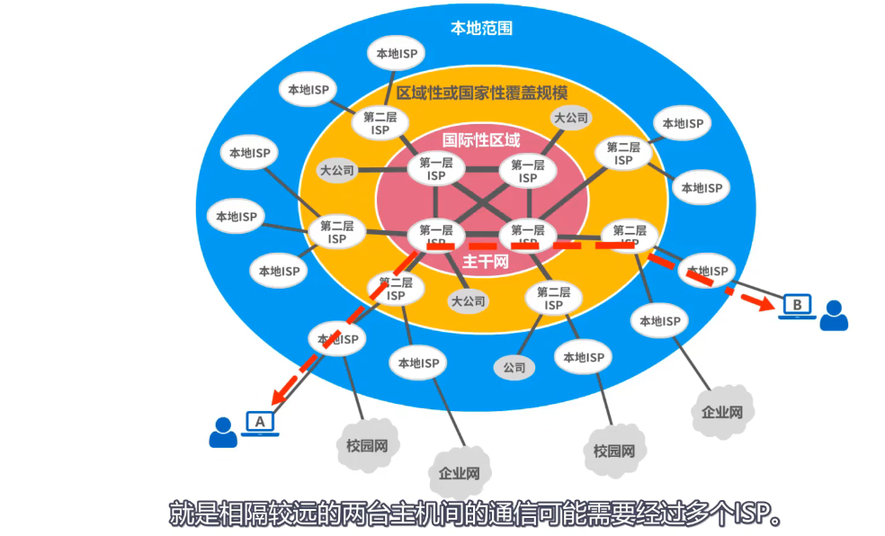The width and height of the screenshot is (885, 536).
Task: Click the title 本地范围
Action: pyautogui.click(x=481, y=28)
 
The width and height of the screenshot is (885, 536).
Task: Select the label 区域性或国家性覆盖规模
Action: pyautogui.click(x=482, y=93)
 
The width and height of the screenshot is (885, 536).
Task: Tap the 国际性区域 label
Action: pyautogui.click(x=481, y=140)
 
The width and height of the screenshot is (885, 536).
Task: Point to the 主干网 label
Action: pyautogui.click(x=486, y=262)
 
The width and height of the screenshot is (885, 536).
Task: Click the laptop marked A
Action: pyautogui.click(x=261, y=423)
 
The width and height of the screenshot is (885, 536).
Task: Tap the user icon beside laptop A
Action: pyautogui.click(x=222, y=433)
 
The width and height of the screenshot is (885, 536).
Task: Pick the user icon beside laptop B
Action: pyautogui.click(x=834, y=316)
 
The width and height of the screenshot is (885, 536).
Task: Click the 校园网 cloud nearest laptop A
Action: pyautogui.click(x=366, y=445)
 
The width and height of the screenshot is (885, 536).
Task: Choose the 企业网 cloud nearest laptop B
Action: pyautogui.click(x=722, y=413)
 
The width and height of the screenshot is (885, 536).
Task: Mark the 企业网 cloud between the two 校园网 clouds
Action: pyautogui.click(x=459, y=473)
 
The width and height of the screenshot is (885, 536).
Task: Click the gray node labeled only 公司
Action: pyautogui.click(x=514, y=367)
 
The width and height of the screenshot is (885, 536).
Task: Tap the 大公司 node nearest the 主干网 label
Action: pyautogui.click(x=468, y=301)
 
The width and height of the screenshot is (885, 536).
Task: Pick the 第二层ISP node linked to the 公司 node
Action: pyautogui.click(x=553, y=299)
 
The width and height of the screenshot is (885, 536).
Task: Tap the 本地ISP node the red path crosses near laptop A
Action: pyautogui.click(x=337, y=340)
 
